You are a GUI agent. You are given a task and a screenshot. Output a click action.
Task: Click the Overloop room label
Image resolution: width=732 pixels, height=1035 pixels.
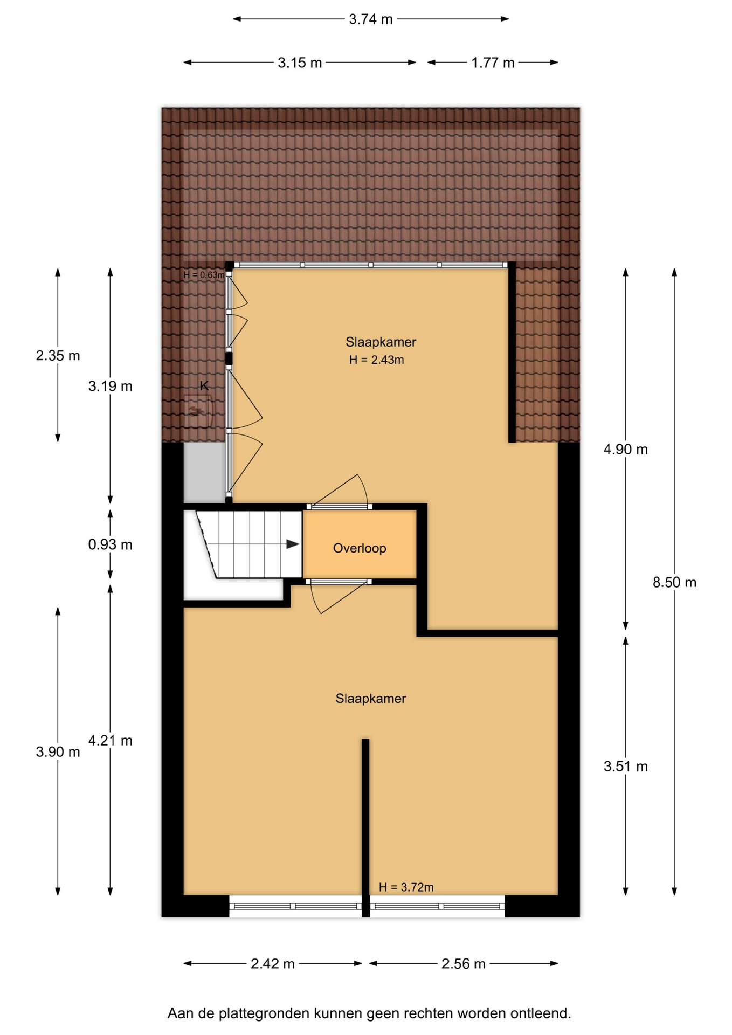click(360, 548)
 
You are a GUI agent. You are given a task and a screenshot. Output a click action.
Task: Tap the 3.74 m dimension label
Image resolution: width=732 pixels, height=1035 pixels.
click(371, 19)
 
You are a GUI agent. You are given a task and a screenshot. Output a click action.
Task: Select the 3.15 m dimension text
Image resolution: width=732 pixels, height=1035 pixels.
click(300, 63)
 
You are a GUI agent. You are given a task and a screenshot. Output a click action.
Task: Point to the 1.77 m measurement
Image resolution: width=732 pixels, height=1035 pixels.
click(493, 63)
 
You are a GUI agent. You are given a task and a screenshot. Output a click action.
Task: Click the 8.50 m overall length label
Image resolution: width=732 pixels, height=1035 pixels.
click(674, 582)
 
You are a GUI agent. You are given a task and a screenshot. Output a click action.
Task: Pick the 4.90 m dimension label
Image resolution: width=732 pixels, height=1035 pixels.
click(625, 449)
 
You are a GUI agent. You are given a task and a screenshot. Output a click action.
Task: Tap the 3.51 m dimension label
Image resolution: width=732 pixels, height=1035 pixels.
click(625, 766)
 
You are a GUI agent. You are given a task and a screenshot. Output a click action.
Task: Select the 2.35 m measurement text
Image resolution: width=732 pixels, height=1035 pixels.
click(58, 356)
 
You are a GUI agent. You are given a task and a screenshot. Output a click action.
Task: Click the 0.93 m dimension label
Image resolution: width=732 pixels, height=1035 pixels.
click(110, 544)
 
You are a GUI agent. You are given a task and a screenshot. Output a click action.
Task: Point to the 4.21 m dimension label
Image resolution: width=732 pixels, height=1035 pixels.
click(110, 741)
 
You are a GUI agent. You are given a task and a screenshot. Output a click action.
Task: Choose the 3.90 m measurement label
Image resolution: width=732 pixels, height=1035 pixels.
click(58, 751)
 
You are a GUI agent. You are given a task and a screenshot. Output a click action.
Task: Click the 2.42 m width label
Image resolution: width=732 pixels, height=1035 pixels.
click(273, 963)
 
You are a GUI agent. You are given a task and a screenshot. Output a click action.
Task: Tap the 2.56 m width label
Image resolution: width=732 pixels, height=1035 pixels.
click(464, 963)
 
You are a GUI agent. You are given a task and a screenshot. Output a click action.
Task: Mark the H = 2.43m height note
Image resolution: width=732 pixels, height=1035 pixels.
click(376, 360)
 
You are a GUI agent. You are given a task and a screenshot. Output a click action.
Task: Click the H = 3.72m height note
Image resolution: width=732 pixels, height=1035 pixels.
click(406, 887)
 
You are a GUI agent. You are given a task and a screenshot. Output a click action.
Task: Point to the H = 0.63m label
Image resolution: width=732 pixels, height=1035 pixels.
click(204, 275)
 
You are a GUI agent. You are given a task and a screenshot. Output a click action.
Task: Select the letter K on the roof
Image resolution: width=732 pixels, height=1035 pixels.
click(204, 385)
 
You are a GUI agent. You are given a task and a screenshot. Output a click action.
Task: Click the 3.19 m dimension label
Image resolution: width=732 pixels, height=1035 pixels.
click(110, 386)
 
